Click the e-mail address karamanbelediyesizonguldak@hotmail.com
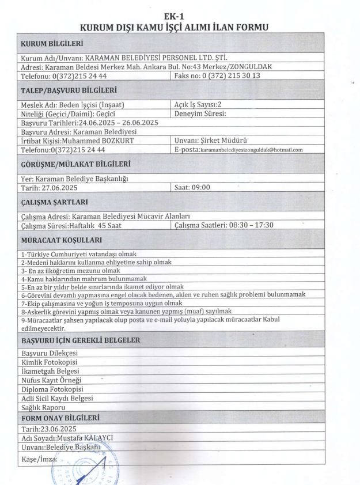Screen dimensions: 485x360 [x=251, y=149]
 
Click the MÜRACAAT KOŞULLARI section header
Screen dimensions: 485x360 [x=62, y=238]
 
